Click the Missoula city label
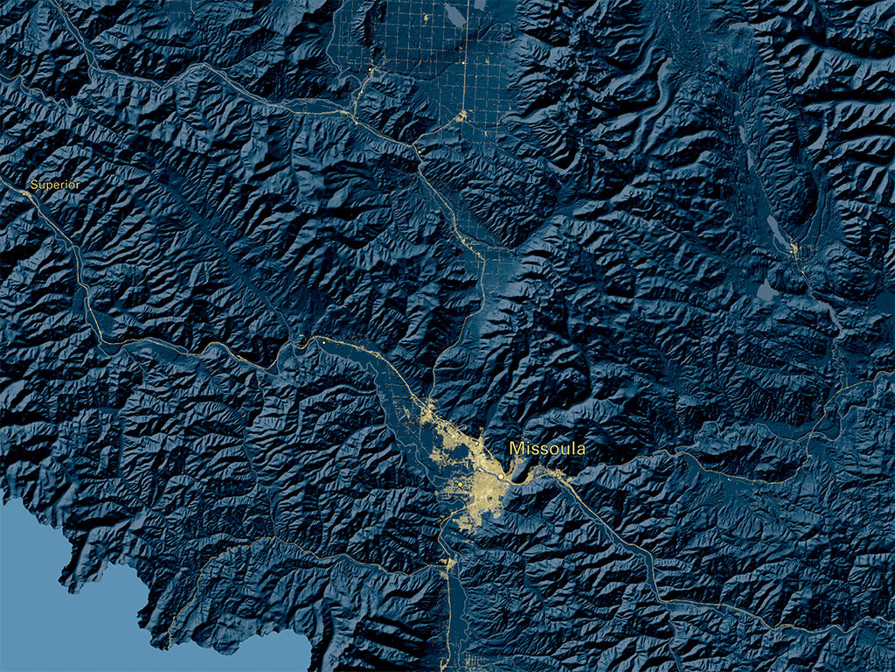click(547, 449)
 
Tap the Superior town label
click(55, 185)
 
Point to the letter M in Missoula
click(516, 449)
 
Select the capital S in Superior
click(34, 185)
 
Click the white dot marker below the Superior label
click(25, 193)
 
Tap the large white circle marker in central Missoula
click(499, 478)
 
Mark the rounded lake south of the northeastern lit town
click(766, 290)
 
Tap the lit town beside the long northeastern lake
click(793, 250)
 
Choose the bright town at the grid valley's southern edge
click(461, 116)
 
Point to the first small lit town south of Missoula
click(447, 563)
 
